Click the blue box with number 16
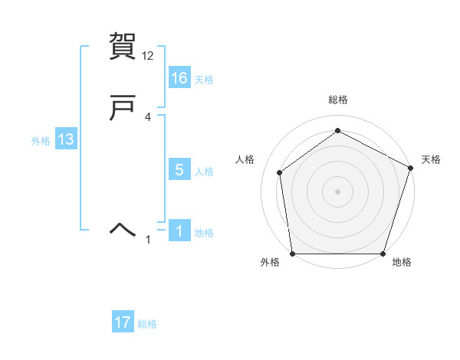tap(179, 77)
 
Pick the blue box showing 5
tap(179, 170)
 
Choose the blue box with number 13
tap(66, 139)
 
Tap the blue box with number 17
tap(123, 322)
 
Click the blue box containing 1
tap(179, 231)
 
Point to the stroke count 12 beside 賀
tap(148, 56)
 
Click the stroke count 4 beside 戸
tap(148, 117)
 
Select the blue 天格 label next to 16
tap(204, 80)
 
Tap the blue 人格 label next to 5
tap(204, 172)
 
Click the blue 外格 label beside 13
tap(41, 141)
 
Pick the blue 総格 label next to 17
tap(147, 324)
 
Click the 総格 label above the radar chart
tap(337, 100)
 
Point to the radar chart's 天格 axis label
tap(431, 159)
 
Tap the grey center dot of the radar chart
tap(337, 191)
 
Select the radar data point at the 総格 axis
tap(337, 131)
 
